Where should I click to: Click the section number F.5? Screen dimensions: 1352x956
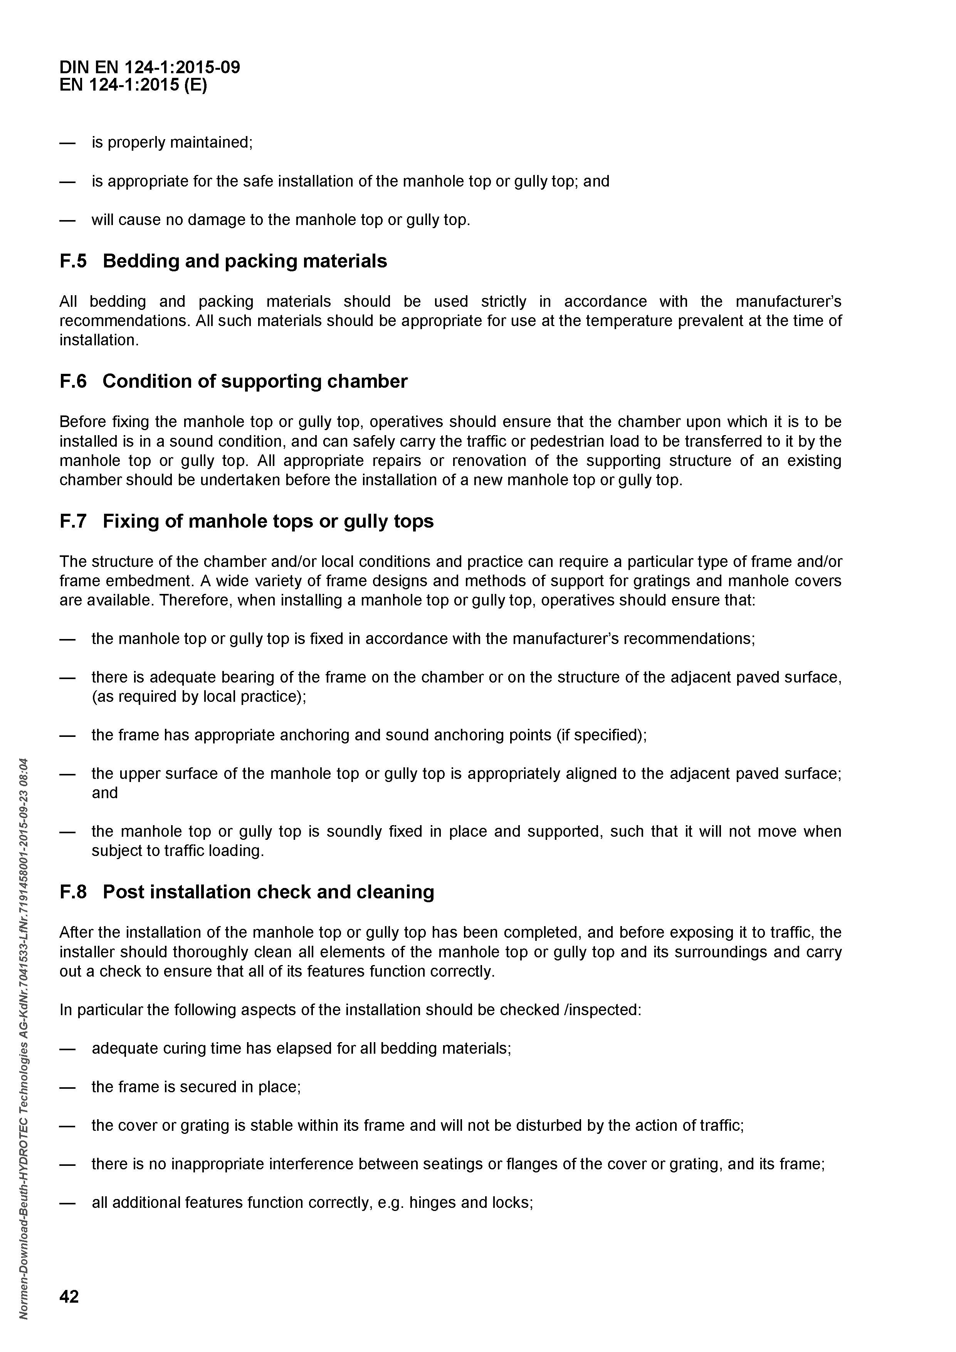[73, 261]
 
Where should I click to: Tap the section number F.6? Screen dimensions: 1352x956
[73, 381]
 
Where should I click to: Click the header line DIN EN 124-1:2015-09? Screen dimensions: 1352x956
[150, 67]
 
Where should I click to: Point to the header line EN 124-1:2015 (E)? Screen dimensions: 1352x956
[134, 86]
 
